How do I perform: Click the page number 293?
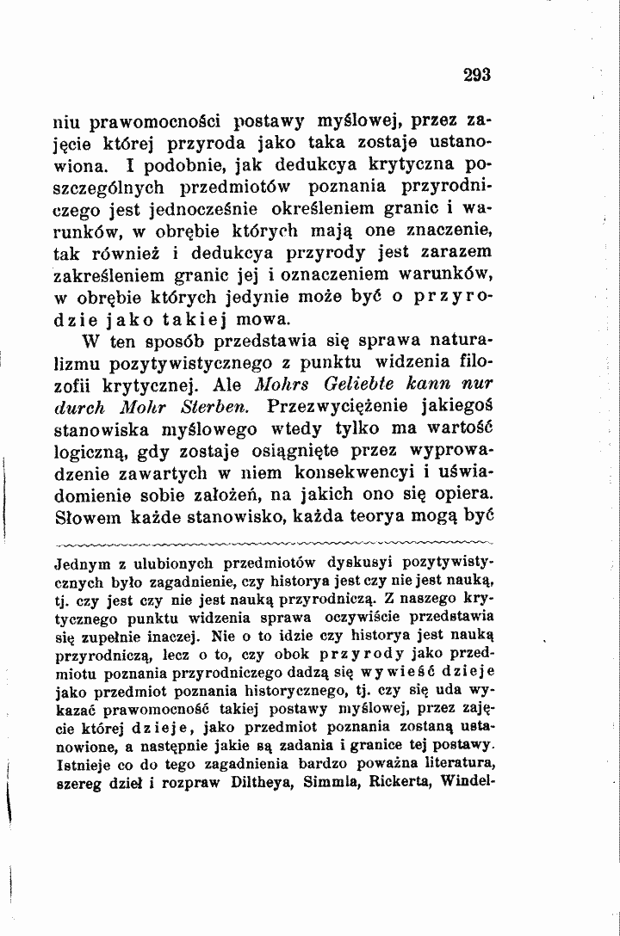click(475, 75)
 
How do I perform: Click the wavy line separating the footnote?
click(272, 545)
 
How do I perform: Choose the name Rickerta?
click(400, 782)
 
